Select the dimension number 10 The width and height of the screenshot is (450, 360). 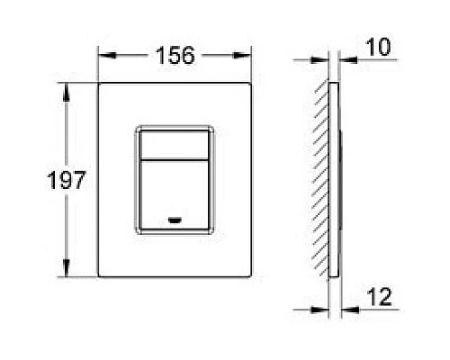(x=380, y=46)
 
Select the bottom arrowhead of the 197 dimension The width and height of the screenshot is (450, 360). (x=66, y=272)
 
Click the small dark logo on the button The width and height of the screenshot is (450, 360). (x=175, y=219)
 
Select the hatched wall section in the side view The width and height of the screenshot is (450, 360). (x=320, y=180)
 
